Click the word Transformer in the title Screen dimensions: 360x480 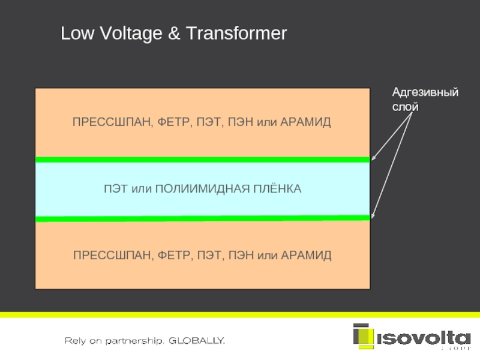point(236,34)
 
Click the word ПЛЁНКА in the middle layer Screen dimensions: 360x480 point(276,189)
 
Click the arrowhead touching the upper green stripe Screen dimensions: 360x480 point(374,158)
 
